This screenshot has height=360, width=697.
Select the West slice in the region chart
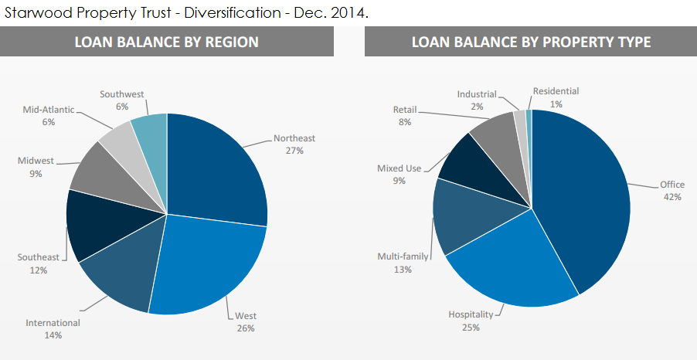click(x=212, y=263)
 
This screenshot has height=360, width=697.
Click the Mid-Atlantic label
click(x=49, y=110)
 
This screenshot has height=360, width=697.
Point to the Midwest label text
click(x=36, y=161)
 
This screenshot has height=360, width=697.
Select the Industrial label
click(x=477, y=94)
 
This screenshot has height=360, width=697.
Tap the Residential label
click(x=556, y=91)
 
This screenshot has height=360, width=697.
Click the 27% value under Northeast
click(x=294, y=151)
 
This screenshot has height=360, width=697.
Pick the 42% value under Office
click(x=672, y=197)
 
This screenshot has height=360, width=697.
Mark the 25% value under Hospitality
click(x=471, y=328)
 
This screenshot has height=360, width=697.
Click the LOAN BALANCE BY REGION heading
click(x=166, y=42)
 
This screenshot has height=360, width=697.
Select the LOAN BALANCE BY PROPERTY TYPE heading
click(x=531, y=42)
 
